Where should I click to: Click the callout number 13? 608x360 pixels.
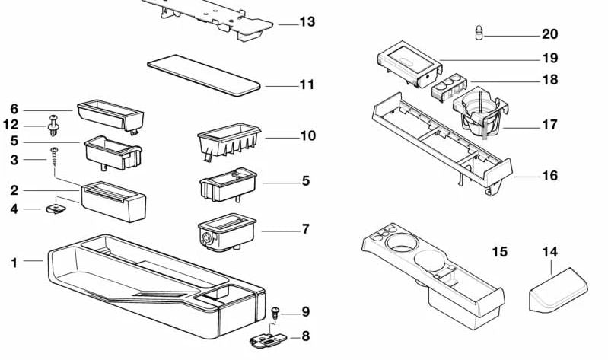[307, 23]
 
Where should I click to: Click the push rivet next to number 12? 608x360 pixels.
[53, 123]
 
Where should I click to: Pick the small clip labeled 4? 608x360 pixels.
[54, 205]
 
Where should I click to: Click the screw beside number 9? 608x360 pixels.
[276, 311]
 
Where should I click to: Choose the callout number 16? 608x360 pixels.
[549, 176]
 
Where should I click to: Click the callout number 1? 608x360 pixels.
[14, 263]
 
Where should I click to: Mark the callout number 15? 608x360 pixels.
[499, 251]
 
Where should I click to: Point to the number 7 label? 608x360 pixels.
[306, 229]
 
